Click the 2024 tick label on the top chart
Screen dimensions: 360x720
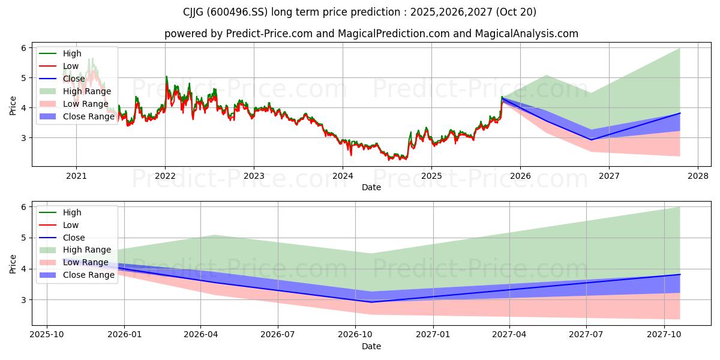click(x=343, y=176)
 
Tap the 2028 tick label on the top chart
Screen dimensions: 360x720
click(x=698, y=176)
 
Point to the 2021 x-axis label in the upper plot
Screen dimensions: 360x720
click(x=76, y=176)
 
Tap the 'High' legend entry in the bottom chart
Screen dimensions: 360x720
click(x=72, y=212)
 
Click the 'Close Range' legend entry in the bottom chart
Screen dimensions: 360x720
click(x=89, y=275)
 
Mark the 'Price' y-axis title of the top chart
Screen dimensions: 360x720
click(x=13, y=106)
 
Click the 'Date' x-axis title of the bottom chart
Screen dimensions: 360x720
click(x=371, y=346)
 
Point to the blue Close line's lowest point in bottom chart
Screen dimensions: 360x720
click(x=371, y=302)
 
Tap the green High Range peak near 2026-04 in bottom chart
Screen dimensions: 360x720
click(x=215, y=235)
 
